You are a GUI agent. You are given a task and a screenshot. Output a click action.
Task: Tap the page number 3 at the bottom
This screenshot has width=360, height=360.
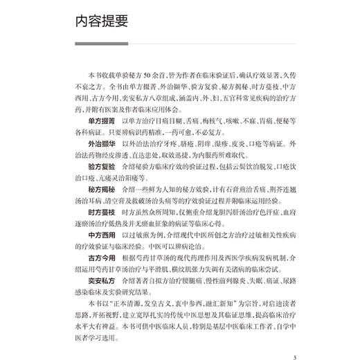pos(295,339)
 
